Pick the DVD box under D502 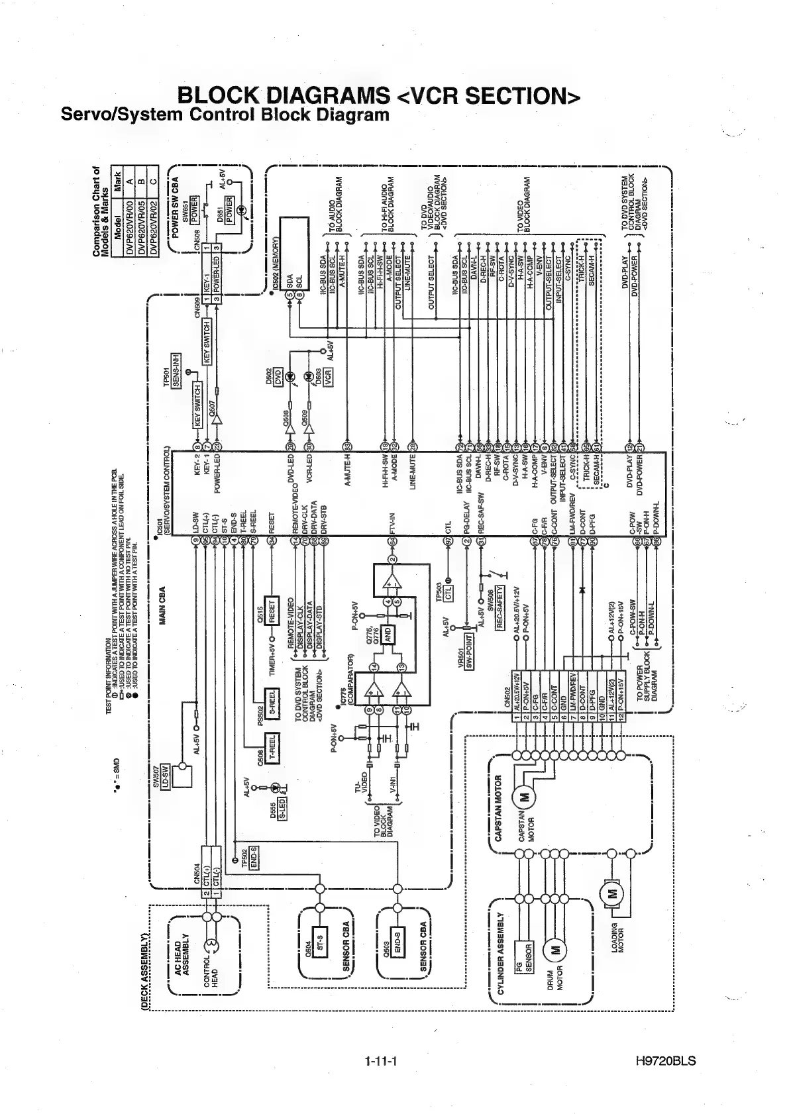tap(278, 375)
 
